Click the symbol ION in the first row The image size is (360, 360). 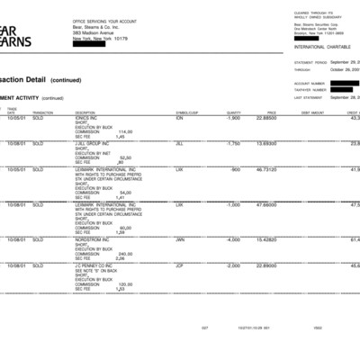point(180,118)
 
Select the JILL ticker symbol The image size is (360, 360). point(180,143)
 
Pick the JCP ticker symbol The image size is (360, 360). point(180,265)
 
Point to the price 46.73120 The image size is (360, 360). point(265,168)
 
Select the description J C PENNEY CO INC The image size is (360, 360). point(94,265)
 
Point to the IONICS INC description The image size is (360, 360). point(87,118)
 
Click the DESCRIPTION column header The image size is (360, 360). point(85,112)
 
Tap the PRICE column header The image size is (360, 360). point(271,112)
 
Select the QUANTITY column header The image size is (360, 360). point(233,112)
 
